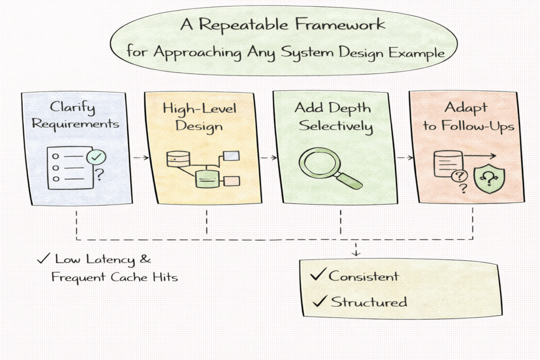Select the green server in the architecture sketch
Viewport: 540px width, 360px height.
pos(206,179)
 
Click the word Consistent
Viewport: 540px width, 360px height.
pos(363,276)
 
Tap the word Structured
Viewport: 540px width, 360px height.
pos(369,302)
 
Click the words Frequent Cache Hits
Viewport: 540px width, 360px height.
pos(114,277)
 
